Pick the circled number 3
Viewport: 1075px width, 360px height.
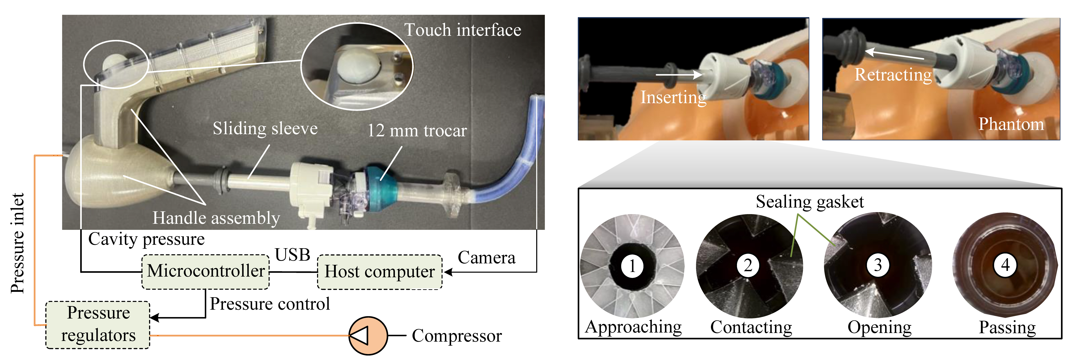878,265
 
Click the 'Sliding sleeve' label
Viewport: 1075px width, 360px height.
265,128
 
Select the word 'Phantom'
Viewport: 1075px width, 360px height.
1011,124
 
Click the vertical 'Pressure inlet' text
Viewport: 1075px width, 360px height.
17,243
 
